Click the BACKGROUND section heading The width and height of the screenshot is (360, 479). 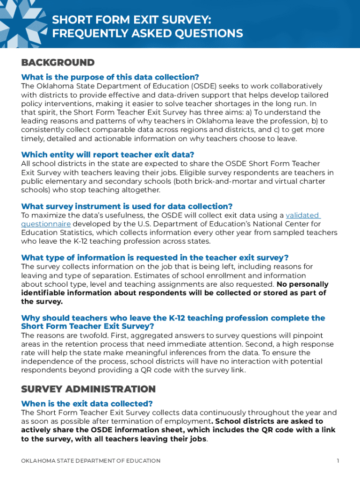click(58, 63)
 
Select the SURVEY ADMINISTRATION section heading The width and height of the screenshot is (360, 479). click(88, 389)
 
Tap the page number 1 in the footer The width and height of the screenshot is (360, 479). click(338, 461)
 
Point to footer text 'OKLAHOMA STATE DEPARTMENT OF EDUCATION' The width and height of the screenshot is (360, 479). click(91, 461)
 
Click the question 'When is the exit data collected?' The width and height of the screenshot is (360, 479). click(87, 403)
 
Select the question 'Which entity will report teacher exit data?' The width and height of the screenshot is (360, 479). click(108, 154)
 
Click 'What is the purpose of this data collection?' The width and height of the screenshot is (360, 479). click(110, 77)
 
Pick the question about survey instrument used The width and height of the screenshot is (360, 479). click(127, 206)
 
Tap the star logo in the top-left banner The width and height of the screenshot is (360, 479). click(21, 21)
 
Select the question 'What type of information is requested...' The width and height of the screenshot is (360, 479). click(155, 258)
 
